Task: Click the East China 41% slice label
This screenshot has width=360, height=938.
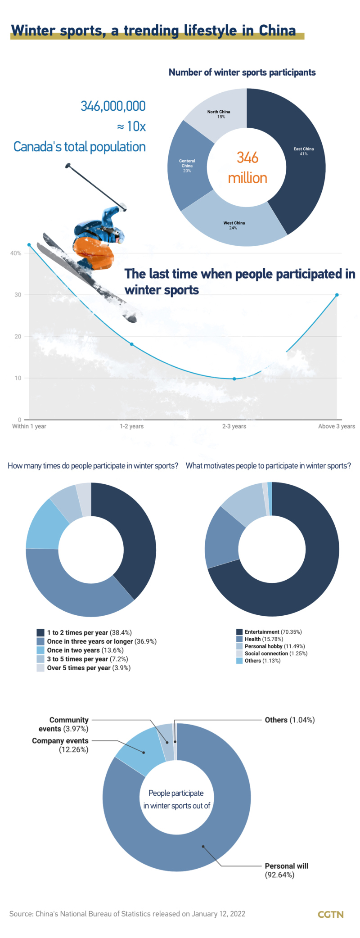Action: pyautogui.click(x=304, y=151)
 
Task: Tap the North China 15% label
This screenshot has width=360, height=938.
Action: pyautogui.click(x=219, y=114)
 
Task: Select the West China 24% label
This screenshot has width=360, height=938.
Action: pyautogui.click(x=234, y=225)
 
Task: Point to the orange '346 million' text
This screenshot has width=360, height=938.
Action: pyautogui.click(x=247, y=167)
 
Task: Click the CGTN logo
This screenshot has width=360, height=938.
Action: pyautogui.click(x=331, y=914)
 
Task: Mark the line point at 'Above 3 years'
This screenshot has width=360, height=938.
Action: pyautogui.click(x=337, y=295)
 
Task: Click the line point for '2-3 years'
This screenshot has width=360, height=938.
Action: pyautogui.click(x=234, y=379)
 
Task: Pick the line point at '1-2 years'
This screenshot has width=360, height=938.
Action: pyautogui.click(x=132, y=344)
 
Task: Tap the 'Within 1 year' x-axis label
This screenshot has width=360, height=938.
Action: pyautogui.click(x=29, y=426)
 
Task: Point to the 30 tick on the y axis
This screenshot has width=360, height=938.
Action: pyautogui.click(x=18, y=295)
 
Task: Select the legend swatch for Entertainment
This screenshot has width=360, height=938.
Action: pyautogui.click(x=239, y=632)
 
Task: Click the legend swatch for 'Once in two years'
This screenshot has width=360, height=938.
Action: pyautogui.click(x=40, y=650)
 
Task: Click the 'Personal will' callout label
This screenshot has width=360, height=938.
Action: pyautogui.click(x=286, y=866)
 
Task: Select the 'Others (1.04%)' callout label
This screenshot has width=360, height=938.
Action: pyautogui.click(x=289, y=720)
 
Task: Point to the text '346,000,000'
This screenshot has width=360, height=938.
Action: pyautogui.click(x=113, y=106)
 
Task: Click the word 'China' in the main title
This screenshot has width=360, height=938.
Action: pyautogui.click(x=277, y=30)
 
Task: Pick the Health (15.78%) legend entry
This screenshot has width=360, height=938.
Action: pyautogui.click(x=264, y=639)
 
